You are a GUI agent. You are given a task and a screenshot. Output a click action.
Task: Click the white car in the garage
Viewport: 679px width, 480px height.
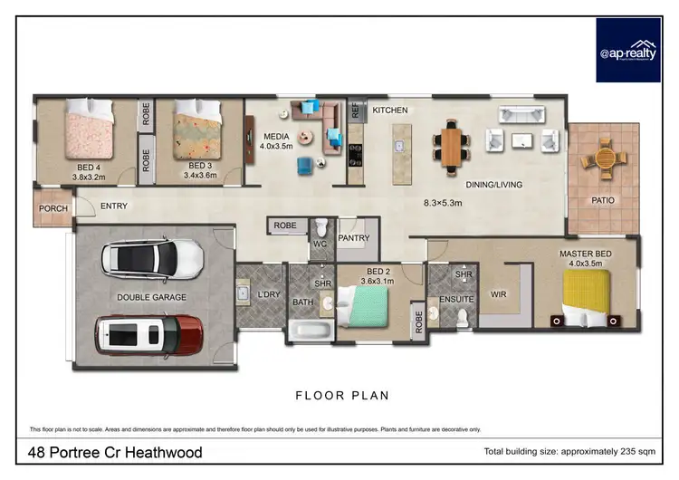click(x=151, y=258)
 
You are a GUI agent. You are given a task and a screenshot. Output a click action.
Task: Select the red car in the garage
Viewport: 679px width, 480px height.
click(x=149, y=335)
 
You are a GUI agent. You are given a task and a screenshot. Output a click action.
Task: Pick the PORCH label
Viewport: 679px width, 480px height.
click(x=53, y=208)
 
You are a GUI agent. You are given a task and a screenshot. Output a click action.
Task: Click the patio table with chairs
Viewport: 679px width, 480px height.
click(x=604, y=159)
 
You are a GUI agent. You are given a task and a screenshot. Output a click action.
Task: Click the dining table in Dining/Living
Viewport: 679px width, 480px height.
click(x=450, y=145)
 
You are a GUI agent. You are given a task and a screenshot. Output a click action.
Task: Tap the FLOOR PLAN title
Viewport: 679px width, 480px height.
click(x=342, y=395)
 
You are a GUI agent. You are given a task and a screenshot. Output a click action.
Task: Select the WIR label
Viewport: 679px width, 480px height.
click(x=498, y=294)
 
